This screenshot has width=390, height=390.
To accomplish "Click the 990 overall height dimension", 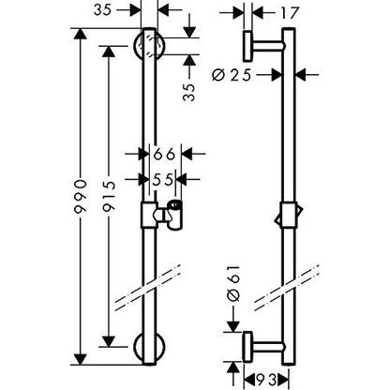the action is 82,197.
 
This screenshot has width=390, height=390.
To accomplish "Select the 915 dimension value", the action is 109,197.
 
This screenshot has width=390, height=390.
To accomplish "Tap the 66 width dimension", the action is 165,154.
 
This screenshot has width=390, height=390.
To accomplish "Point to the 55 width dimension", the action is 163,180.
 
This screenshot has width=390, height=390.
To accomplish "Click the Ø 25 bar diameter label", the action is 232,75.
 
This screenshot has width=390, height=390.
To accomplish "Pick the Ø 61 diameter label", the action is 234,283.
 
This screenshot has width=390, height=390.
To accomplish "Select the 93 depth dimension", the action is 266,381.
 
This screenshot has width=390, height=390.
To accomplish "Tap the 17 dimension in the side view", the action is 290,13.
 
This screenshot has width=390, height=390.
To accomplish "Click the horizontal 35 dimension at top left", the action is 103,10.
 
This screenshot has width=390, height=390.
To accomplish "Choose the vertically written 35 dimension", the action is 188,92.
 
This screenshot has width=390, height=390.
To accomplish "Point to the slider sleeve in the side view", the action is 288,216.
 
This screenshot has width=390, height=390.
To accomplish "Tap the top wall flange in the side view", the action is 247,46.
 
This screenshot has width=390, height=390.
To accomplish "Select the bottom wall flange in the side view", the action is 247,347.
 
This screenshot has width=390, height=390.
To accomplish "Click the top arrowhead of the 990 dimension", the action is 81,34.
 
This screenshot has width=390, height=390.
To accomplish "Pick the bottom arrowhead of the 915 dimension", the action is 109,341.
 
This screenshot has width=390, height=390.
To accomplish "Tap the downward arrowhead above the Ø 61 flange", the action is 233,326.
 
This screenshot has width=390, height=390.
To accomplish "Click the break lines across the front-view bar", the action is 148,288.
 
